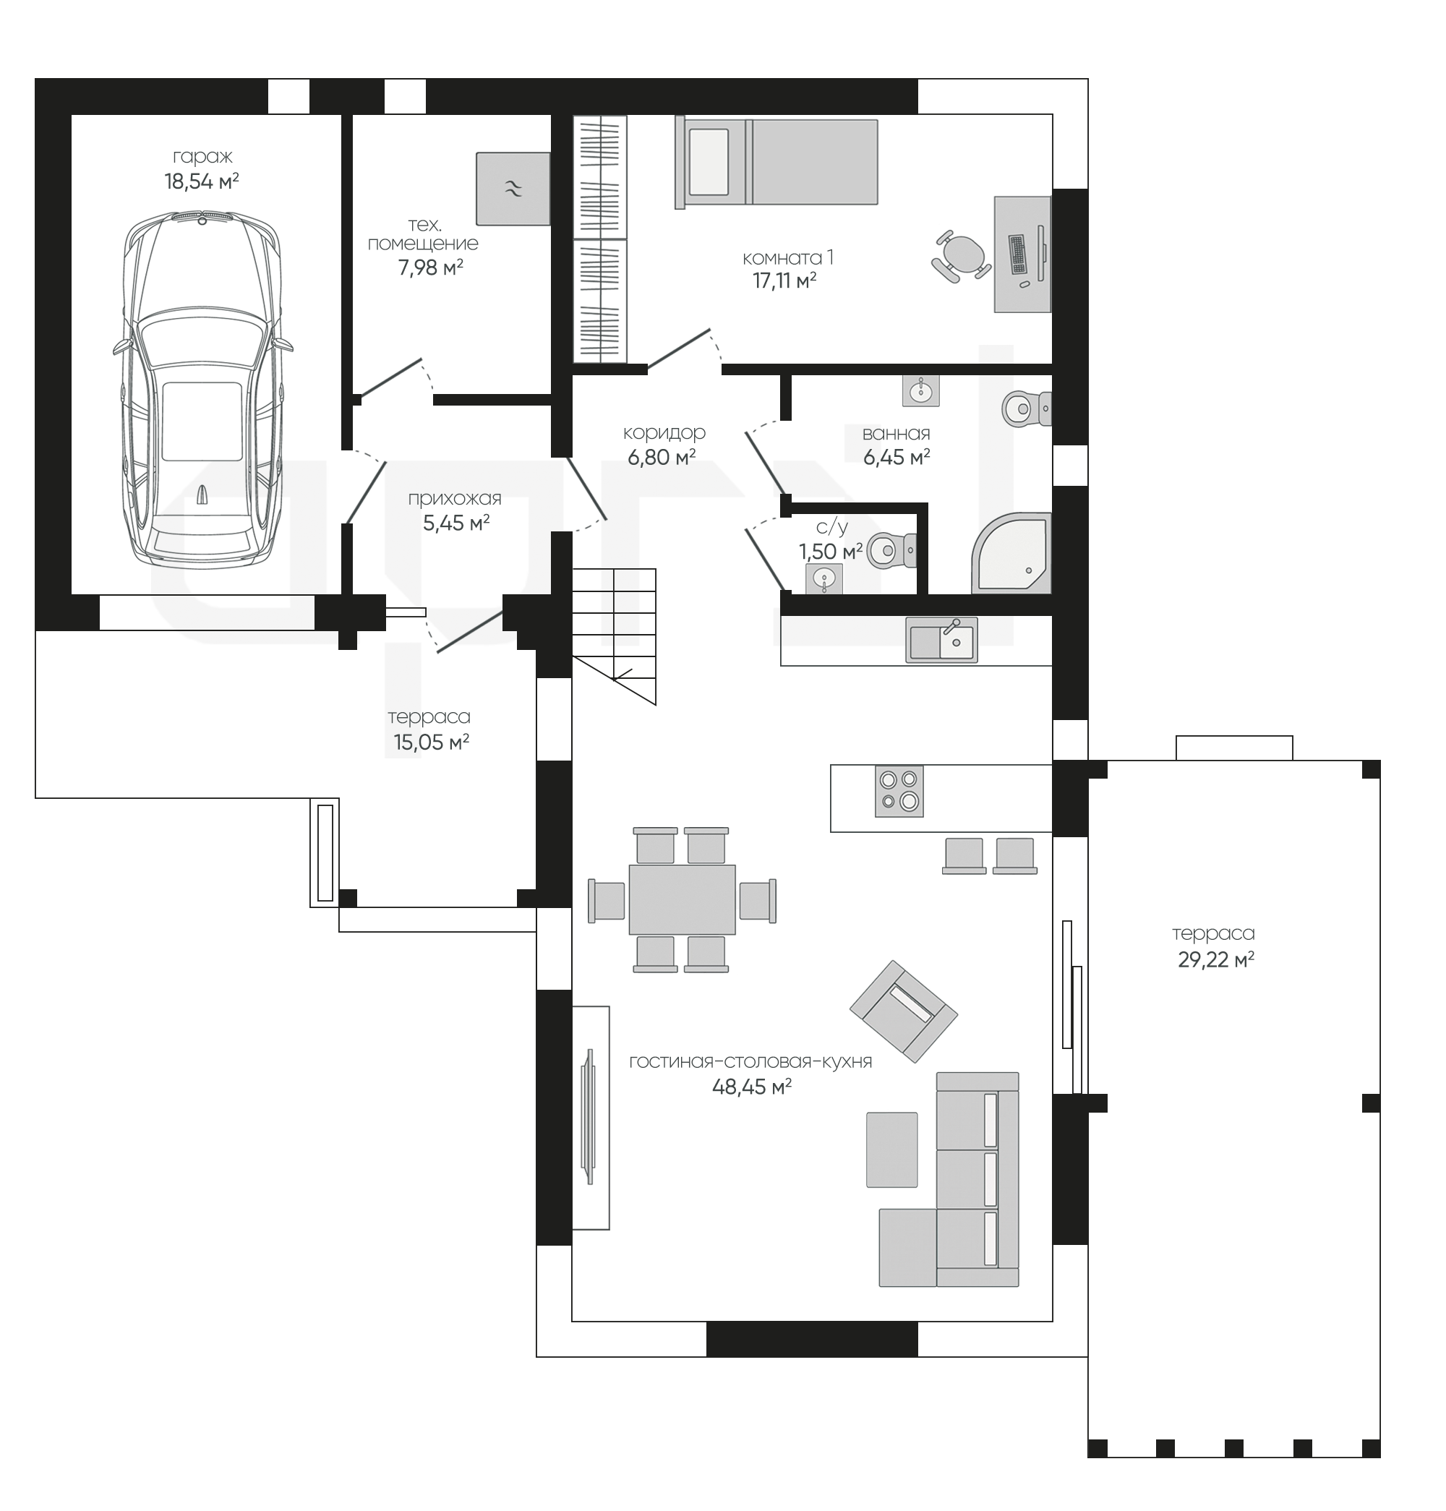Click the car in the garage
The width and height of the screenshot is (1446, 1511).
click(202, 389)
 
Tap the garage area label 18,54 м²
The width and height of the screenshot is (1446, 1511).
click(201, 182)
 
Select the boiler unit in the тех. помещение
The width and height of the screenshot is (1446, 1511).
click(513, 189)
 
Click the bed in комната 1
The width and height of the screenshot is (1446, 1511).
click(777, 162)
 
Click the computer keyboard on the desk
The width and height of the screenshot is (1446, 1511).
click(1018, 254)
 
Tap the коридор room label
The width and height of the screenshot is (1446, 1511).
click(664, 432)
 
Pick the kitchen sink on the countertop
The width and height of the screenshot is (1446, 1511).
click(941, 640)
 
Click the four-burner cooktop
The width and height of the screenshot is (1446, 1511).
click(899, 791)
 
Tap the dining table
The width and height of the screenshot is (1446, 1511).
click(682, 899)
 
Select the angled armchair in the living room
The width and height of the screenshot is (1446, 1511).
click(903, 1012)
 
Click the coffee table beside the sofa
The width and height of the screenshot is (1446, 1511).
click(891, 1150)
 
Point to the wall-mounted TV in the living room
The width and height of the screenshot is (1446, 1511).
click(590, 1116)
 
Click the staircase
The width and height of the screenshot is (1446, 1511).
click(615, 636)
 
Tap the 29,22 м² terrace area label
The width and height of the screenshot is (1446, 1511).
click(1215, 960)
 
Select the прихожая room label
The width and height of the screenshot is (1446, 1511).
click(455, 499)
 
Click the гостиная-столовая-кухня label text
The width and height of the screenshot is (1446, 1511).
click(750, 1061)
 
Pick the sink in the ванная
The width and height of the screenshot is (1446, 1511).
click(920, 392)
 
